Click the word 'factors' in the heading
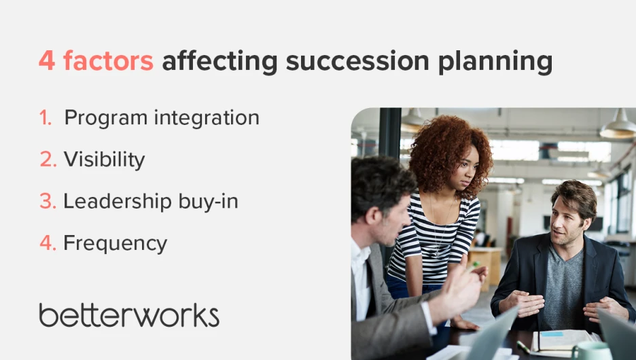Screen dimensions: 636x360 [x=108, y=60]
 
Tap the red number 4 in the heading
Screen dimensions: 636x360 [x=47, y=61]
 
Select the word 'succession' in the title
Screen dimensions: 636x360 [x=357, y=61]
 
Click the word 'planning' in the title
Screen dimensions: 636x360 [x=495, y=62]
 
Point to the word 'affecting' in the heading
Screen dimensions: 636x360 [x=220, y=62]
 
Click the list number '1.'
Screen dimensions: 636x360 [x=46, y=118]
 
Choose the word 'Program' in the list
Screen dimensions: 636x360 [x=106, y=118]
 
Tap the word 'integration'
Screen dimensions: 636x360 [x=207, y=118]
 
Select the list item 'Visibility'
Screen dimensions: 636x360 [x=104, y=160]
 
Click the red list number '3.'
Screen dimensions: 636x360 [x=48, y=201]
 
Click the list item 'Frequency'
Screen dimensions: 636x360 [x=116, y=244]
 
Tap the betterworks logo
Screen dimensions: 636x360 [x=129, y=315]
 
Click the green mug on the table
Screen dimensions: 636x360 [x=593, y=351]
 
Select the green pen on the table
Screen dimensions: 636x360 [x=523, y=347]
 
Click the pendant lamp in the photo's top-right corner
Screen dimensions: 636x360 [x=618, y=125]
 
